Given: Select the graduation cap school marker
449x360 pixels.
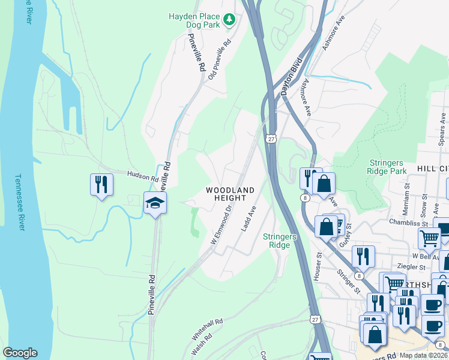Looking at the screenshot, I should pyautogui.click(x=154, y=203).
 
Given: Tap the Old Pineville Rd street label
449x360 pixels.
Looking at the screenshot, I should pyautogui.click(x=220, y=60).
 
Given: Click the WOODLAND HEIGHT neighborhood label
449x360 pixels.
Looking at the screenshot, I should pyautogui.click(x=230, y=194).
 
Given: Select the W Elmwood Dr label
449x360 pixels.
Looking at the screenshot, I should pyautogui.click(x=221, y=226).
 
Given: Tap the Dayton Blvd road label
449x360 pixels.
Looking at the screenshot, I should pyautogui.click(x=290, y=82).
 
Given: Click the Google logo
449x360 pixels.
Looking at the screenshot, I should pyautogui.click(x=20, y=353).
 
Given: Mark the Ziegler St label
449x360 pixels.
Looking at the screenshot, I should pyautogui.click(x=412, y=266).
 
